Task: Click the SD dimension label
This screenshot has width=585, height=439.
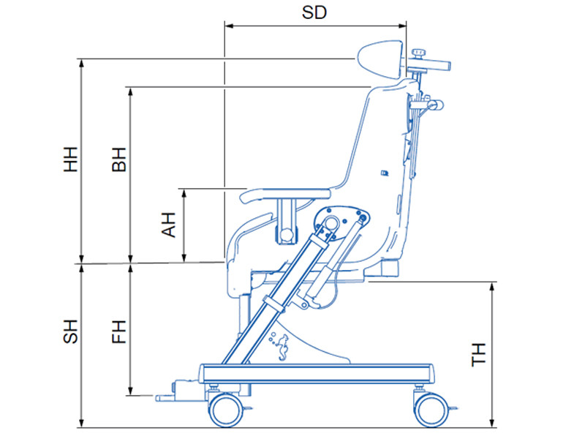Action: (x=314, y=12)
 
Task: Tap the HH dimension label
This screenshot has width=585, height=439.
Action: (x=70, y=159)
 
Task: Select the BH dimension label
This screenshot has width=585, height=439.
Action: (x=119, y=160)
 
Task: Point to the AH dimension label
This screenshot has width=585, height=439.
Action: (x=168, y=225)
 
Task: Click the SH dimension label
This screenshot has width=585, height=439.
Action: (x=70, y=331)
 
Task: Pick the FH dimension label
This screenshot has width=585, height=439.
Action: (x=119, y=331)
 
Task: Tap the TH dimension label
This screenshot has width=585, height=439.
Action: (x=479, y=355)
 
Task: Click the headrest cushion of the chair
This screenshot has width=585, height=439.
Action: (x=380, y=60)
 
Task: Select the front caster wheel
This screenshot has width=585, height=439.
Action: (x=225, y=410)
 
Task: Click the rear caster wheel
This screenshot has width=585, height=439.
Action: (x=431, y=410)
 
